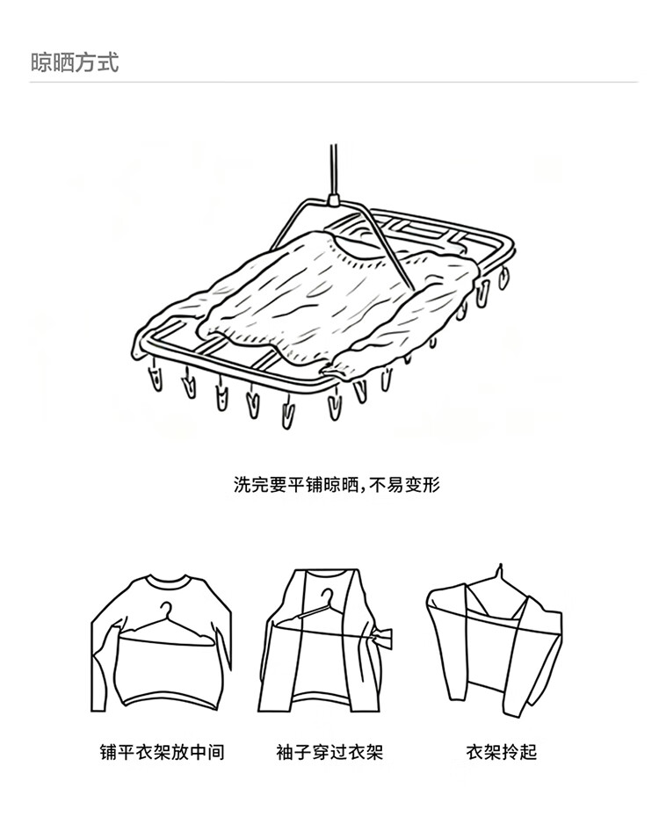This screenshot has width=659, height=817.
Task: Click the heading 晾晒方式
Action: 74,62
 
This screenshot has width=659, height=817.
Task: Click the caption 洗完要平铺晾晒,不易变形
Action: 336,484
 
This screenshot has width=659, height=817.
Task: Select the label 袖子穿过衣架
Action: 329,752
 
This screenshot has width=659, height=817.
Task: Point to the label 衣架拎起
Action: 501,752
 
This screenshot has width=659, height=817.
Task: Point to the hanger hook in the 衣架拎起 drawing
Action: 498,572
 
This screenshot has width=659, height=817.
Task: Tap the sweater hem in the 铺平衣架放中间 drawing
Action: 163,704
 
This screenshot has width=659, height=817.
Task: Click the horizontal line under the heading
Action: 333,83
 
